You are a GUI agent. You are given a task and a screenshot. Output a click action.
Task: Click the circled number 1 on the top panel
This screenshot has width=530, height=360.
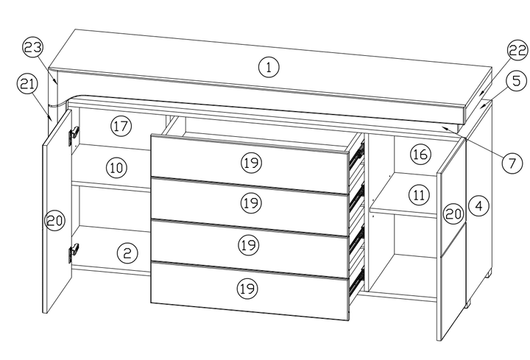269,68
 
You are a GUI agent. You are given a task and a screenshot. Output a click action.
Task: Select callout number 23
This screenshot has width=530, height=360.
32,49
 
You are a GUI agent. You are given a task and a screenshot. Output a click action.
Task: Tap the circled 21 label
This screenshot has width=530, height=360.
27,84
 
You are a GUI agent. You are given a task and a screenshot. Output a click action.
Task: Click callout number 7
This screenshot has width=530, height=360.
514,164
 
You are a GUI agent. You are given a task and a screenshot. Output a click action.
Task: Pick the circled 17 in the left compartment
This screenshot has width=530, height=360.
121,126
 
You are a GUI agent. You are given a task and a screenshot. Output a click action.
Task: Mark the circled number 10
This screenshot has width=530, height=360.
116,167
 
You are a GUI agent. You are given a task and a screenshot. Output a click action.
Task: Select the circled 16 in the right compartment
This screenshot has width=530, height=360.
420,155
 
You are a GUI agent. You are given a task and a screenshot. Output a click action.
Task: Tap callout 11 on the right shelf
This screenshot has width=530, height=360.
418,195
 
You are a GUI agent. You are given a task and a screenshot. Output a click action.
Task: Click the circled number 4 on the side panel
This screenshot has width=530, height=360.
478,206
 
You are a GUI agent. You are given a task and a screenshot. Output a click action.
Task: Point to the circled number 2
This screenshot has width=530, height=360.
127,253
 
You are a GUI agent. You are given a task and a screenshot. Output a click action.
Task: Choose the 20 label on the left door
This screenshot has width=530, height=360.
55,219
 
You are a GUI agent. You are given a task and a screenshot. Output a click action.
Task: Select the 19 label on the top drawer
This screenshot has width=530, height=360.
250,160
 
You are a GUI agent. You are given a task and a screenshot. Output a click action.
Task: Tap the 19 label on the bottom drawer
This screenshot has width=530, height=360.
250,288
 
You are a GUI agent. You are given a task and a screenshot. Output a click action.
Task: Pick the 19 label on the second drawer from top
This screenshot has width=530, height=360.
250,201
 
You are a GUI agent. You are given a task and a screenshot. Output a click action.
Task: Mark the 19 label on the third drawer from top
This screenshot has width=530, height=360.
250,244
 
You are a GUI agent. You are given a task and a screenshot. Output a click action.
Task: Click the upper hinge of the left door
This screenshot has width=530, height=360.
74,135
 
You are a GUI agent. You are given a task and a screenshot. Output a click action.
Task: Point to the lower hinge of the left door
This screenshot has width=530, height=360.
74,253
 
